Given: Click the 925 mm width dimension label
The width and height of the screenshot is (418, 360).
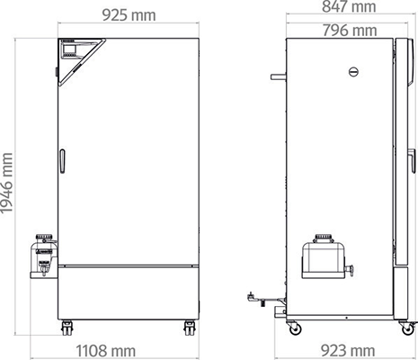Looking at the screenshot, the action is (129, 15).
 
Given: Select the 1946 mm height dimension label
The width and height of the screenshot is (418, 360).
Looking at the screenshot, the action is (6, 184).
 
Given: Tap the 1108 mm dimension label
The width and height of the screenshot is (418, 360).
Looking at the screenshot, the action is (106, 350).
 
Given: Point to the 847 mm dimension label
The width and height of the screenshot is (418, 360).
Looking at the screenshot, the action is (349, 6).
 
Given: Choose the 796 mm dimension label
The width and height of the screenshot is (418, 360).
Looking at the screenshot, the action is (350, 31).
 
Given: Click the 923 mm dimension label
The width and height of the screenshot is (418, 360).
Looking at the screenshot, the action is (348, 350).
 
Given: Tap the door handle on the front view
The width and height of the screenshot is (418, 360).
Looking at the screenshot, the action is (62, 161).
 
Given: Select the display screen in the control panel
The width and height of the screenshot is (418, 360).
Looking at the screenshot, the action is (69, 48).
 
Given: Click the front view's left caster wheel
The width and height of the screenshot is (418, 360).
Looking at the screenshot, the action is (67, 328).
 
